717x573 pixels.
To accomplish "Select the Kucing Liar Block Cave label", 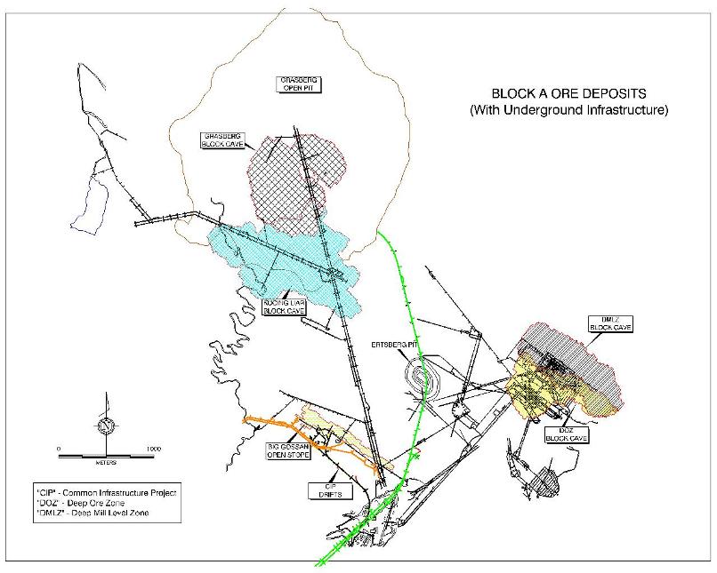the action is click(283, 307).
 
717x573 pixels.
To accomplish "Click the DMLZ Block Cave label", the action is click(609, 322).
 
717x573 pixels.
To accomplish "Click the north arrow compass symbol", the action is click(105, 425).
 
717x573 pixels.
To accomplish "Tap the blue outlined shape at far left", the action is click(85, 201).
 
